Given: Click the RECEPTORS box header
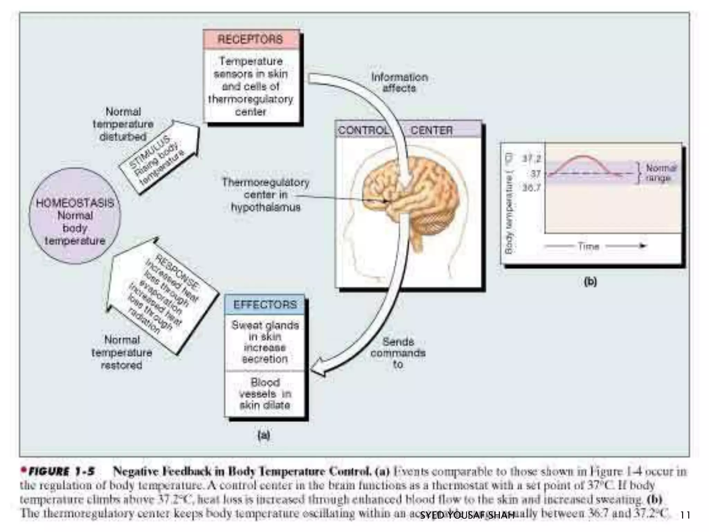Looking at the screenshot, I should [251, 39].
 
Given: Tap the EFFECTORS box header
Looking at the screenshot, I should [265, 304].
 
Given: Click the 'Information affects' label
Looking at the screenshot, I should [400, 82].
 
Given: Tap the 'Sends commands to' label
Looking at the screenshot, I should [398, 353].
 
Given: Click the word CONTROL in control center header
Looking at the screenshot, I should [363, 130].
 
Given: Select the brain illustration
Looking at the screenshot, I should [412, 194].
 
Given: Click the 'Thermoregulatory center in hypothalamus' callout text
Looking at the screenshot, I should [266, 195].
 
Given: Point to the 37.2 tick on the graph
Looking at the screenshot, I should [531, 159].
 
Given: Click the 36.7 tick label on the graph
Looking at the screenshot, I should [531, 188].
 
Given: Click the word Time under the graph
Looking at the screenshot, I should [588, 247].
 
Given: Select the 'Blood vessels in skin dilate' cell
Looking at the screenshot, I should [265, 394].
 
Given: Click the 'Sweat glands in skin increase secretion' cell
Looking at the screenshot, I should [265, 342].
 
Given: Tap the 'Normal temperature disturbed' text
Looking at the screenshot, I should [123, 124].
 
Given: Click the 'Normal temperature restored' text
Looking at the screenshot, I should [122, 353].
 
